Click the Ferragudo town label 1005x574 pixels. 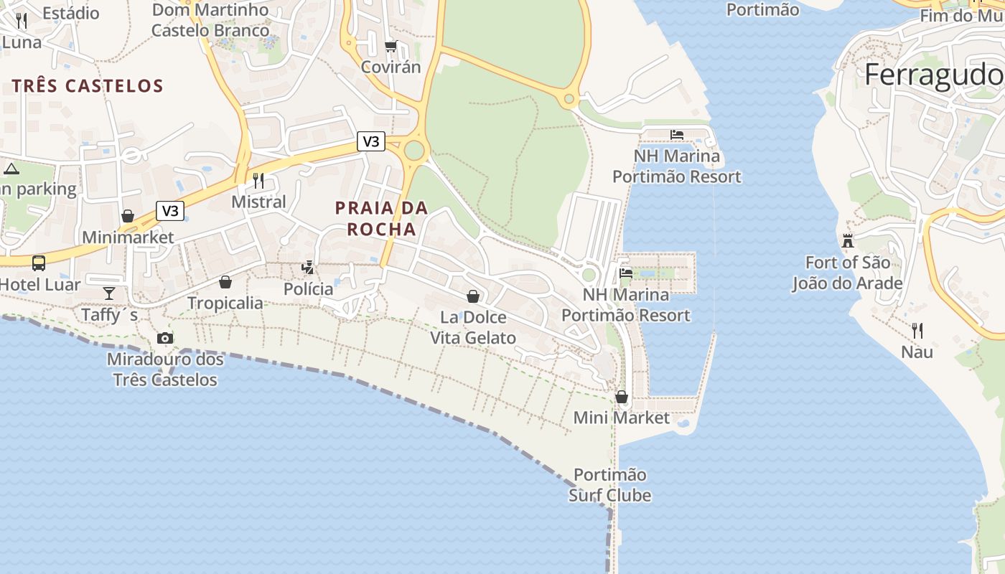933,75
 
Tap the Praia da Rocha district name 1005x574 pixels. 381,218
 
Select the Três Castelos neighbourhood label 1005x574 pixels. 88,86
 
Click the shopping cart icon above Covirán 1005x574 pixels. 391,47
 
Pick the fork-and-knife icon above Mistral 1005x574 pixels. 258,180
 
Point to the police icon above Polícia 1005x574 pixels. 308,268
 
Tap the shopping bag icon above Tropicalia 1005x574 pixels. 225,282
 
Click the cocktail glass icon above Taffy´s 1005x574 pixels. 109,293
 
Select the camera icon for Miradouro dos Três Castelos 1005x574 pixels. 165,338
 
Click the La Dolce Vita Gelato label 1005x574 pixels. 473,327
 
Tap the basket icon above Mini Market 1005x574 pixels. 622,397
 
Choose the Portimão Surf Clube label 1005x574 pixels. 610,485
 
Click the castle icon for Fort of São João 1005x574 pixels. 848,240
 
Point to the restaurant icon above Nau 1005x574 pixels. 917,330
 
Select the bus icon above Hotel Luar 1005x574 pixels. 39,263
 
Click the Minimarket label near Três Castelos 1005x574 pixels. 128,237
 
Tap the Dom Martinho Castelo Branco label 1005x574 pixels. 210,20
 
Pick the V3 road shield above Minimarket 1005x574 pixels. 170,211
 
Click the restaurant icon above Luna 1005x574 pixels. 22,20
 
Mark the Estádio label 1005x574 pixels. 70,12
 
